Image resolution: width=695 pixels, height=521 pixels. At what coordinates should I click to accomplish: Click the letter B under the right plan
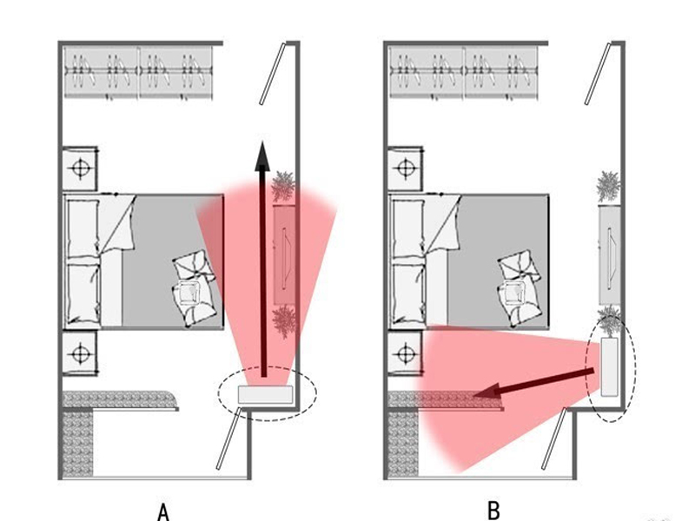(x=493, y=510)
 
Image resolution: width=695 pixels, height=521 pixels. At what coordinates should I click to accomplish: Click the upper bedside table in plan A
(x=81, y=166)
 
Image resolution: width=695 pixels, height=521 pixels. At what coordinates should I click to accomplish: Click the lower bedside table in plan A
(x=81, y=353)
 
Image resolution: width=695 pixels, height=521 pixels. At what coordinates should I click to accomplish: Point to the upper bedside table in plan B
(x=406, y=166)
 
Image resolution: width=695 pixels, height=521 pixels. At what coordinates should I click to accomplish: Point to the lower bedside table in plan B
(x=406, y=353)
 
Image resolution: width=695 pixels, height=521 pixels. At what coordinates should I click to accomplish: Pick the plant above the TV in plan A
(x=284, y=186)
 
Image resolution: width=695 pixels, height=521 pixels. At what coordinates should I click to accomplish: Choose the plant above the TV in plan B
(x=609, y=186)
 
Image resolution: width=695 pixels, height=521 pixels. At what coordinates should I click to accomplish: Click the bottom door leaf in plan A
(x=228, y=443)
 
